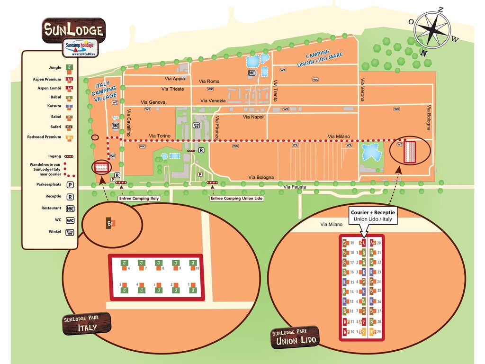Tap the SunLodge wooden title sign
coord(73,30)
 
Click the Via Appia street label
coord(175,79)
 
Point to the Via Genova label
coord(153,102)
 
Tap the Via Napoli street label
coord(254,117)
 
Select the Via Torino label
coord(159,136)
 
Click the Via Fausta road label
coord(295,187)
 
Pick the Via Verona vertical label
coord(363,90)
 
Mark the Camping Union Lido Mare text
coord(324,58)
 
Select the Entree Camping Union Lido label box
coord(236,199)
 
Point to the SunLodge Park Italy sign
coord(87,323)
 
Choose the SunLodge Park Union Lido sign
coord(295,337)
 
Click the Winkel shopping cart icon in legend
coord(70,232)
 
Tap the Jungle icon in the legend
coord(69,68)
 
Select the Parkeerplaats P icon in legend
coord(70,184)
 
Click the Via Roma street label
coord(209,82)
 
